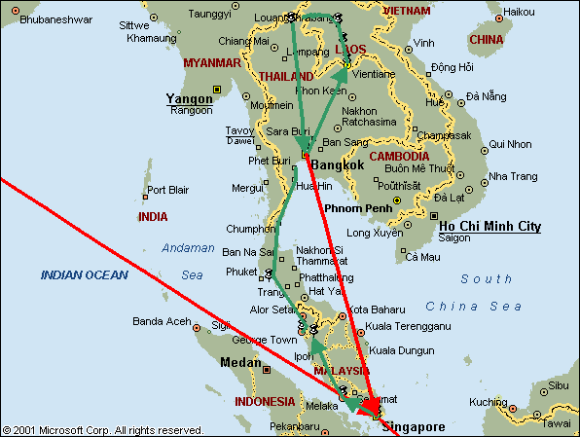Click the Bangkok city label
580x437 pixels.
(x=338, y=165)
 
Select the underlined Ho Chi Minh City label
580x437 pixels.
(x=490, y=226)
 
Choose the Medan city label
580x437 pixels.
(x=241, y=362)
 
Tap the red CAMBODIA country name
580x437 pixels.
(x=399, y=156)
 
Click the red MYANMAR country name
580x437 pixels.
(x=211, y=62)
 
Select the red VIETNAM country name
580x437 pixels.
(x=406, y=9)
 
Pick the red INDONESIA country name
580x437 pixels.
(x=265, y=401)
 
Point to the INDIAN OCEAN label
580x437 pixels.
(x=84, y=275)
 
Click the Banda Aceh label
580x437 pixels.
(x=160, y=322)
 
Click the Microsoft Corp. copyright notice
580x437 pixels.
(x=103, y=429)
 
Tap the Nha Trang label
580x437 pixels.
(x=513, y=176)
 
